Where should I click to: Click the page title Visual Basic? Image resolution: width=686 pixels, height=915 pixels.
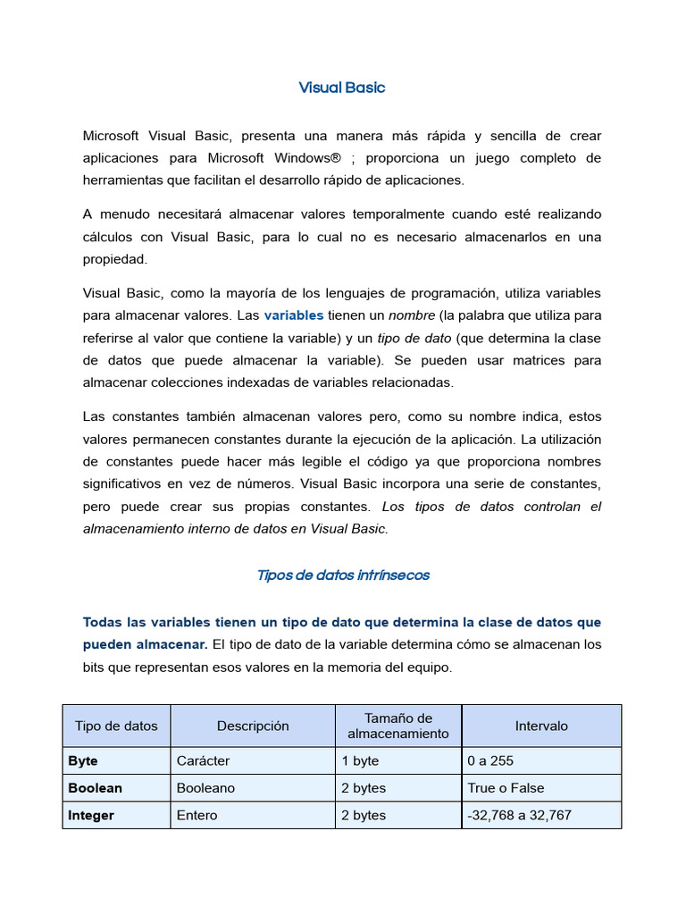[x=342, y=88]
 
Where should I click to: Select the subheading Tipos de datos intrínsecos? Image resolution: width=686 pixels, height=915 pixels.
[x=342, y=575]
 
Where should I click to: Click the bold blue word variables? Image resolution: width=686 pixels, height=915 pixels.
[x=294, y=315]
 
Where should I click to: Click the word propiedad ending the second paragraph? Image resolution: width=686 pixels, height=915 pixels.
[x=114, y=259]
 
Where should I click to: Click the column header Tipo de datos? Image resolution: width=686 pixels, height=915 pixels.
[x=116, y=726]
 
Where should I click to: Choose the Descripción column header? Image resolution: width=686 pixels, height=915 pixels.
[x=253, y=726]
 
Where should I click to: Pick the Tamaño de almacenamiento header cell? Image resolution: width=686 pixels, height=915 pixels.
[x=398, y=726]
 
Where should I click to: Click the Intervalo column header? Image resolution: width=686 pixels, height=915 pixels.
[x=541, y=726]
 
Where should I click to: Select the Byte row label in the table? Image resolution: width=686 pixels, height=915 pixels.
[x=83, y=761]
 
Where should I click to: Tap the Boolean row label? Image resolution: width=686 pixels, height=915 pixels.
[x=95, y=788]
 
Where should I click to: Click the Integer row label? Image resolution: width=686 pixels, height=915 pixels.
[x=91, y=816]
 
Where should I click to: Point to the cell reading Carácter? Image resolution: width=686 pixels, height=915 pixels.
[x=203, y=761]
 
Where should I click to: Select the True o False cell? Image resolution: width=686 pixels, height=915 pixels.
[x=506, y=788]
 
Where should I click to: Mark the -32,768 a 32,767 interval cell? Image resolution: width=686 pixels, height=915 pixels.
[x=519, y=816]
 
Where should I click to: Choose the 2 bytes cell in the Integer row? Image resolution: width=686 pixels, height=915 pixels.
[x=364, y=816]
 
